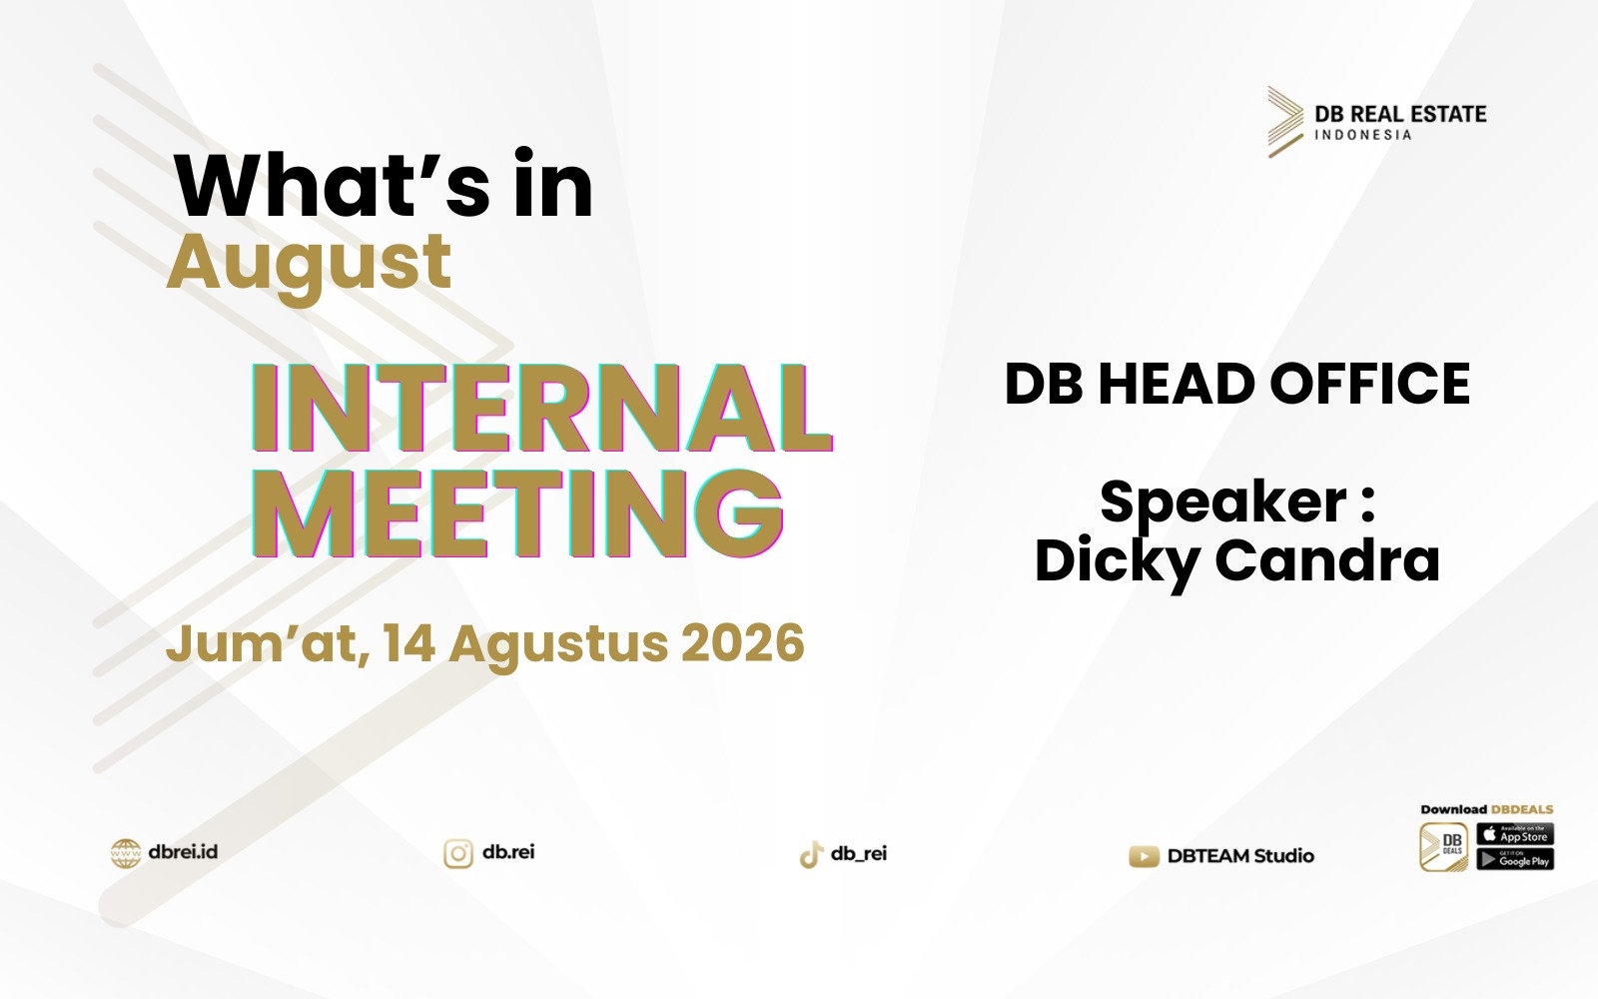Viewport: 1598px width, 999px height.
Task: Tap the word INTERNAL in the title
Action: (x=542, y=409)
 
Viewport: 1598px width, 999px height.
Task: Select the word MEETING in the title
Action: (x=518, y=511)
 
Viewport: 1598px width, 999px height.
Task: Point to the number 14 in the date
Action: (x=409, y=643)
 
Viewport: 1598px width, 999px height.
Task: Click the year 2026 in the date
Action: (x=743, y=643)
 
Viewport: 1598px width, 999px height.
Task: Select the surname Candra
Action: (x=1327, y=560)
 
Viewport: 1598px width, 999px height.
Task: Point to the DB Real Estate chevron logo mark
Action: (x=1285, y=121)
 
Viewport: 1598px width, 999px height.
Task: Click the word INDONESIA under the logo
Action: (x=1362, y=135)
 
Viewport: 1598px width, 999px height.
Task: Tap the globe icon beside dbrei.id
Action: (x=126, y=853)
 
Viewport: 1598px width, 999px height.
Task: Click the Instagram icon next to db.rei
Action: (x=458, y=853)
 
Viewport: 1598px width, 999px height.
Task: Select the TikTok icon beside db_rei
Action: (x=810, y=854)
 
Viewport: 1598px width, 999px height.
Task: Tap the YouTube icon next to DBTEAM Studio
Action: (x=1144, y=856)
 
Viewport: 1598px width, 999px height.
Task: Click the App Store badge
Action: (x=1515, y=834)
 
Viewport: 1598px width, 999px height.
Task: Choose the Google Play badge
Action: (x=1515, y=859)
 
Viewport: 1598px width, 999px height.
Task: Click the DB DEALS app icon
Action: (x=1444, y=847)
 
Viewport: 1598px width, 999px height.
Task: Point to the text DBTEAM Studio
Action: (x=1240, y=856)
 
